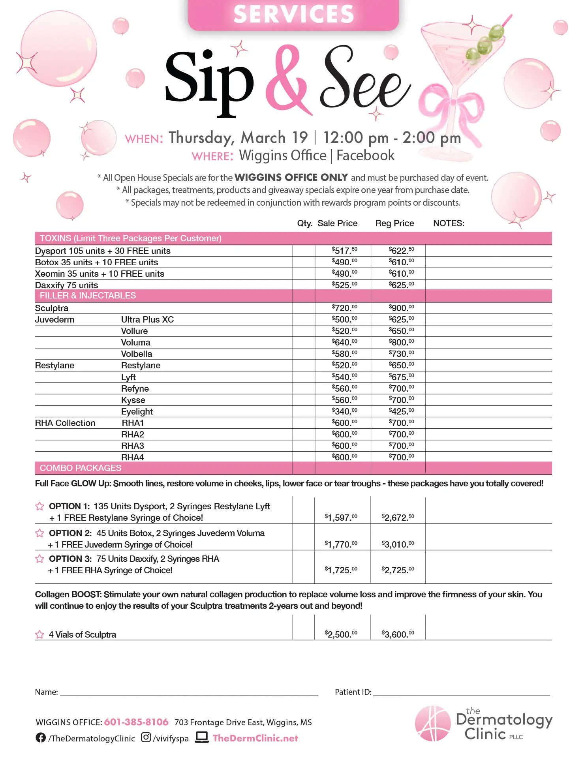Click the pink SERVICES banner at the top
[293, 15]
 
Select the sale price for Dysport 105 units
[344, 251]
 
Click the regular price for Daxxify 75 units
[401, 285]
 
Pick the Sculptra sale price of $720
[344, 308]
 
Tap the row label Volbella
[136, 354]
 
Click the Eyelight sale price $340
[344, 411]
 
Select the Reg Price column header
[394, 223]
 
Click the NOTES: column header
[449, 223]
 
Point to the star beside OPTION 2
[39, 533]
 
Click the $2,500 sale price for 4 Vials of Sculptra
[341, 634]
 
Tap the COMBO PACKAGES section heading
[81, 468]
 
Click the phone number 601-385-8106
[136, 722]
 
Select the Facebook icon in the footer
[41, 737]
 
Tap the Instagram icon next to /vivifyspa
[146, 737]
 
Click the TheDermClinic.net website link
[255, 738]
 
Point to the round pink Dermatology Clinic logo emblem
[432, 723]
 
